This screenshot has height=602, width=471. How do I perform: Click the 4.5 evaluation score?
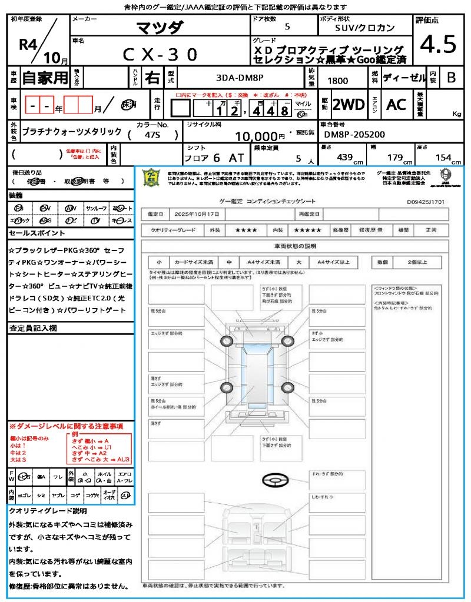(439, 45)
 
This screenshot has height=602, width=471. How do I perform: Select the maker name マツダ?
(160, 27)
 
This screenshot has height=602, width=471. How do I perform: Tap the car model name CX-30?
(160, 54)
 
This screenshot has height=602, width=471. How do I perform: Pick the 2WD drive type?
(349, 105)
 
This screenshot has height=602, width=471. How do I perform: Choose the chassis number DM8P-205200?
(354, 135)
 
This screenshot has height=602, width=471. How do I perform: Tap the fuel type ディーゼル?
(404, 78)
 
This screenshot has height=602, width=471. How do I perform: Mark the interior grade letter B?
(451, 78)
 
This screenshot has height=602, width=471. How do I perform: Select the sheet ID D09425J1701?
(425, 201)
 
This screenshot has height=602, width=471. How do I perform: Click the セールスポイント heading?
(33, 233)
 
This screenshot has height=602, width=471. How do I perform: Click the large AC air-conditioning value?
(396, 105)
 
